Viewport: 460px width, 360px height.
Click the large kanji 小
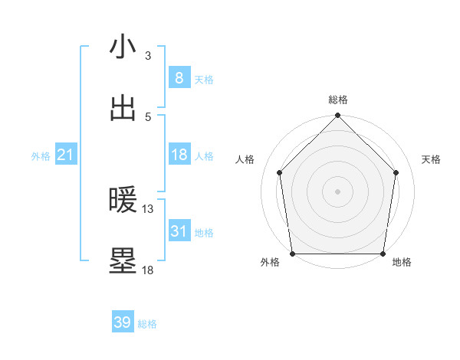coord(123,47)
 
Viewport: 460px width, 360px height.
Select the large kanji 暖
coord(123,201)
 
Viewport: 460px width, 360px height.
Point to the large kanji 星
coord(123,261)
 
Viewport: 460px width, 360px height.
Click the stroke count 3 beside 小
coord(148,56)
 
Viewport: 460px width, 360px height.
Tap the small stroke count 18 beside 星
coord(148,270)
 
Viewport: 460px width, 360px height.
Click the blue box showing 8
coord(179,77)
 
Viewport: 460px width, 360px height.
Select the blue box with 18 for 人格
coord(179,155)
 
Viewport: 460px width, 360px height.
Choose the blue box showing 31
coord(179,231)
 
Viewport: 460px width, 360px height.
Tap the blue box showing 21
coord(66,155)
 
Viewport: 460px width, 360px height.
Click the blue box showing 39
coord(123,322)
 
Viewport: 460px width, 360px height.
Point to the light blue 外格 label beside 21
coord(41,156)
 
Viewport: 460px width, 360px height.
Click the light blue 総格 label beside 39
coord(147,324)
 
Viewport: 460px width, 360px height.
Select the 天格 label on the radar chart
coord(431,159)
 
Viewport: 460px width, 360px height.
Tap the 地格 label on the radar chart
coord(402,262)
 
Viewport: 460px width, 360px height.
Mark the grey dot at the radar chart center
coord(337,191)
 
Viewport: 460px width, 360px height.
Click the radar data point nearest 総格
coord(337,116)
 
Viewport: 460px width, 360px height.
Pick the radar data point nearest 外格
coord(292,254)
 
